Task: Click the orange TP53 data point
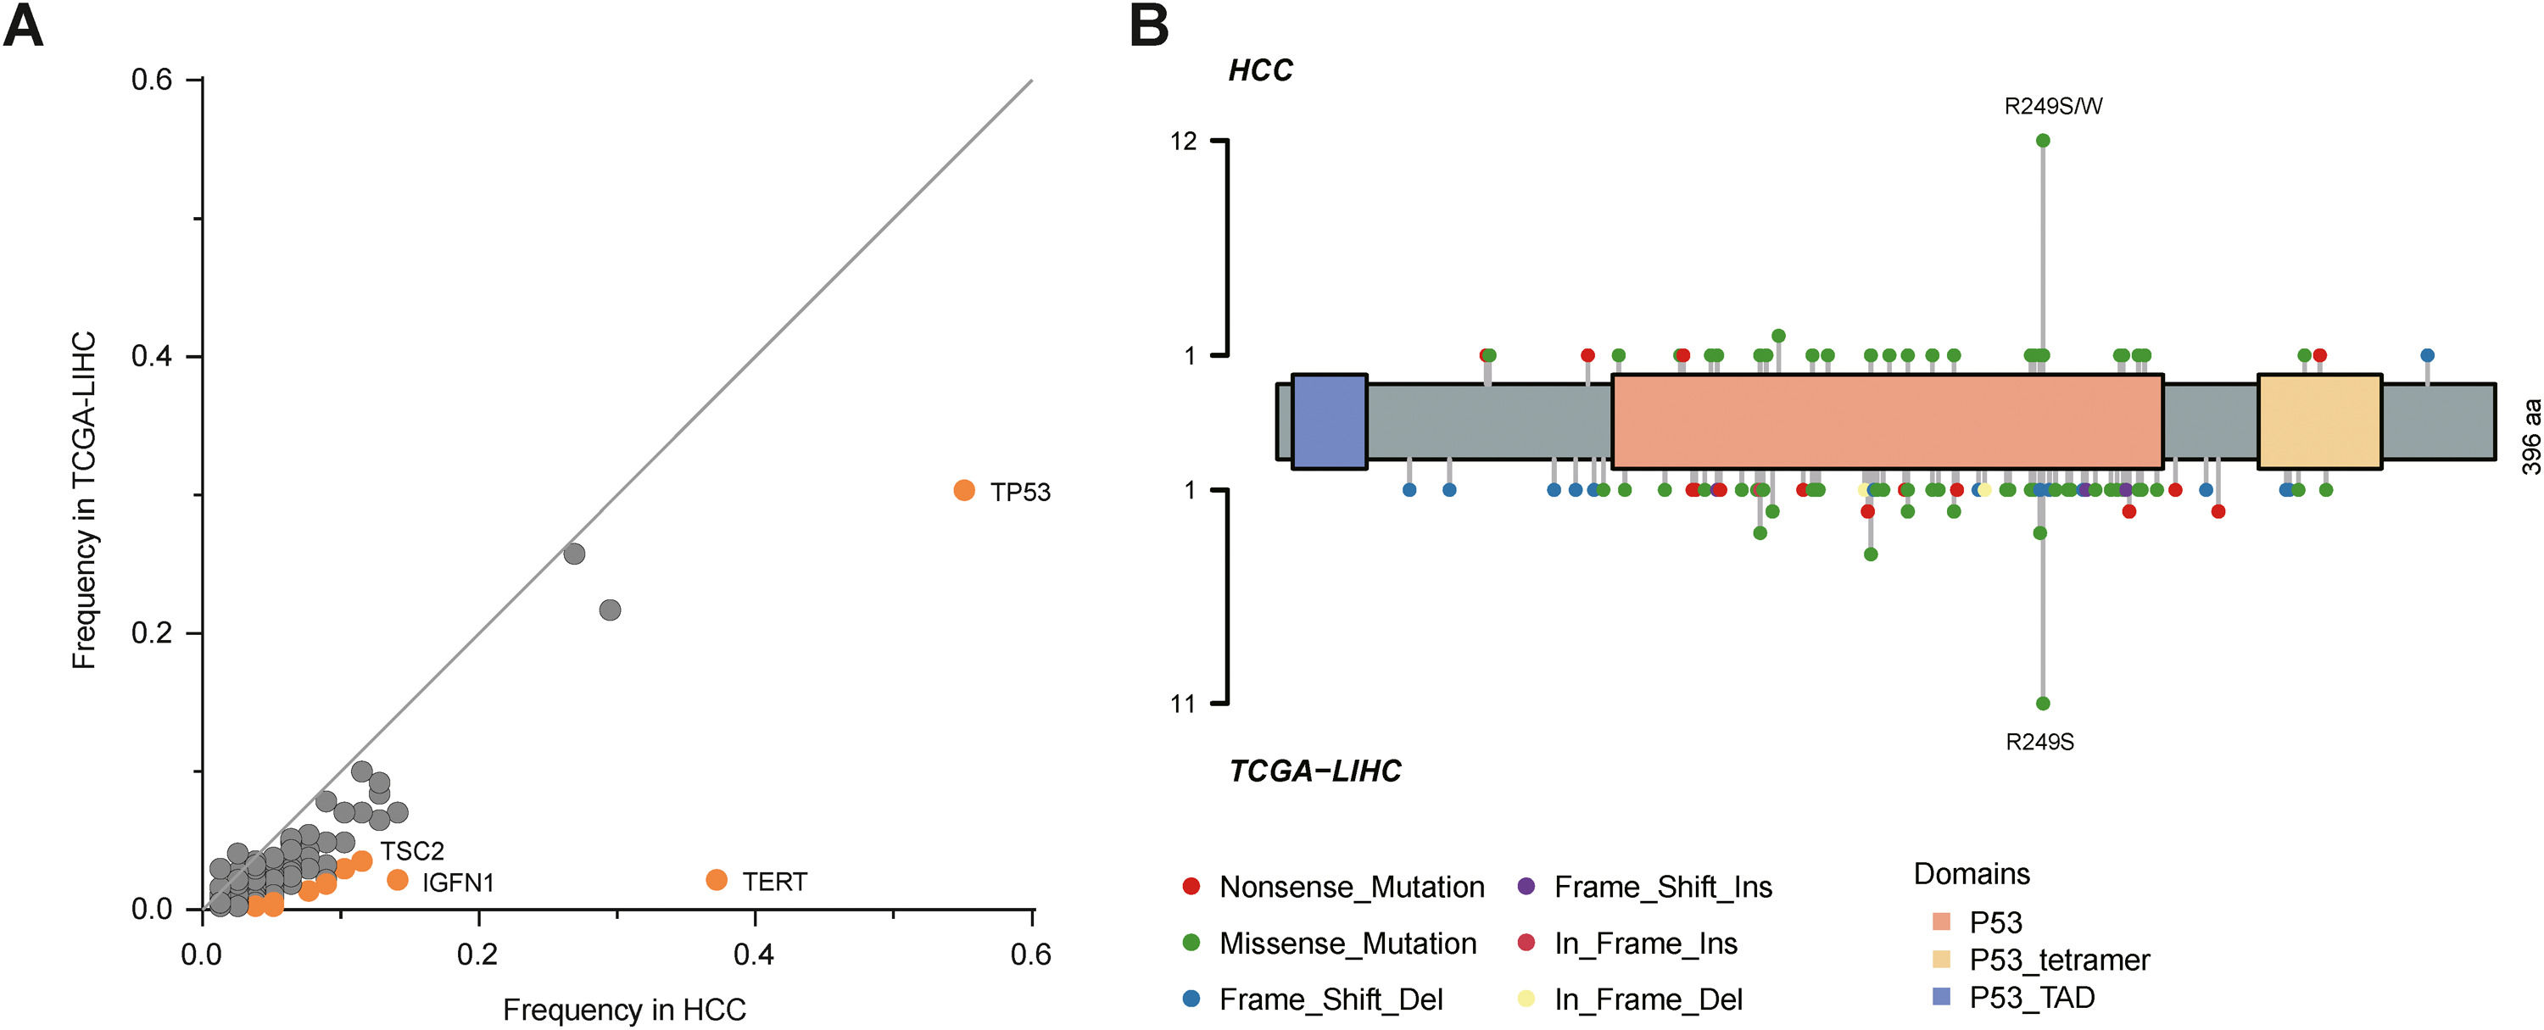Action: (x=964, y=490)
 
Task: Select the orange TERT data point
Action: (x=717, y=879)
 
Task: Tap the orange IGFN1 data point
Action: (x=398, y=879)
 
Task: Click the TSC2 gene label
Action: (x=412, y=850)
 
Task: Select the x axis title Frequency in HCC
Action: (x=624, y=1010)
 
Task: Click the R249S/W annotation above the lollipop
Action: (x=2053, y=107)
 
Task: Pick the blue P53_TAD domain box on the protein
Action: (x=1330, y=420)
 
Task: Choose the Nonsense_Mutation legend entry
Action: (x=1351, y=887)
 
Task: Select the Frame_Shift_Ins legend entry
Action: (x=1662, y=887)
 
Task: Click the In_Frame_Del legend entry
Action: (x=1648, y=999)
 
